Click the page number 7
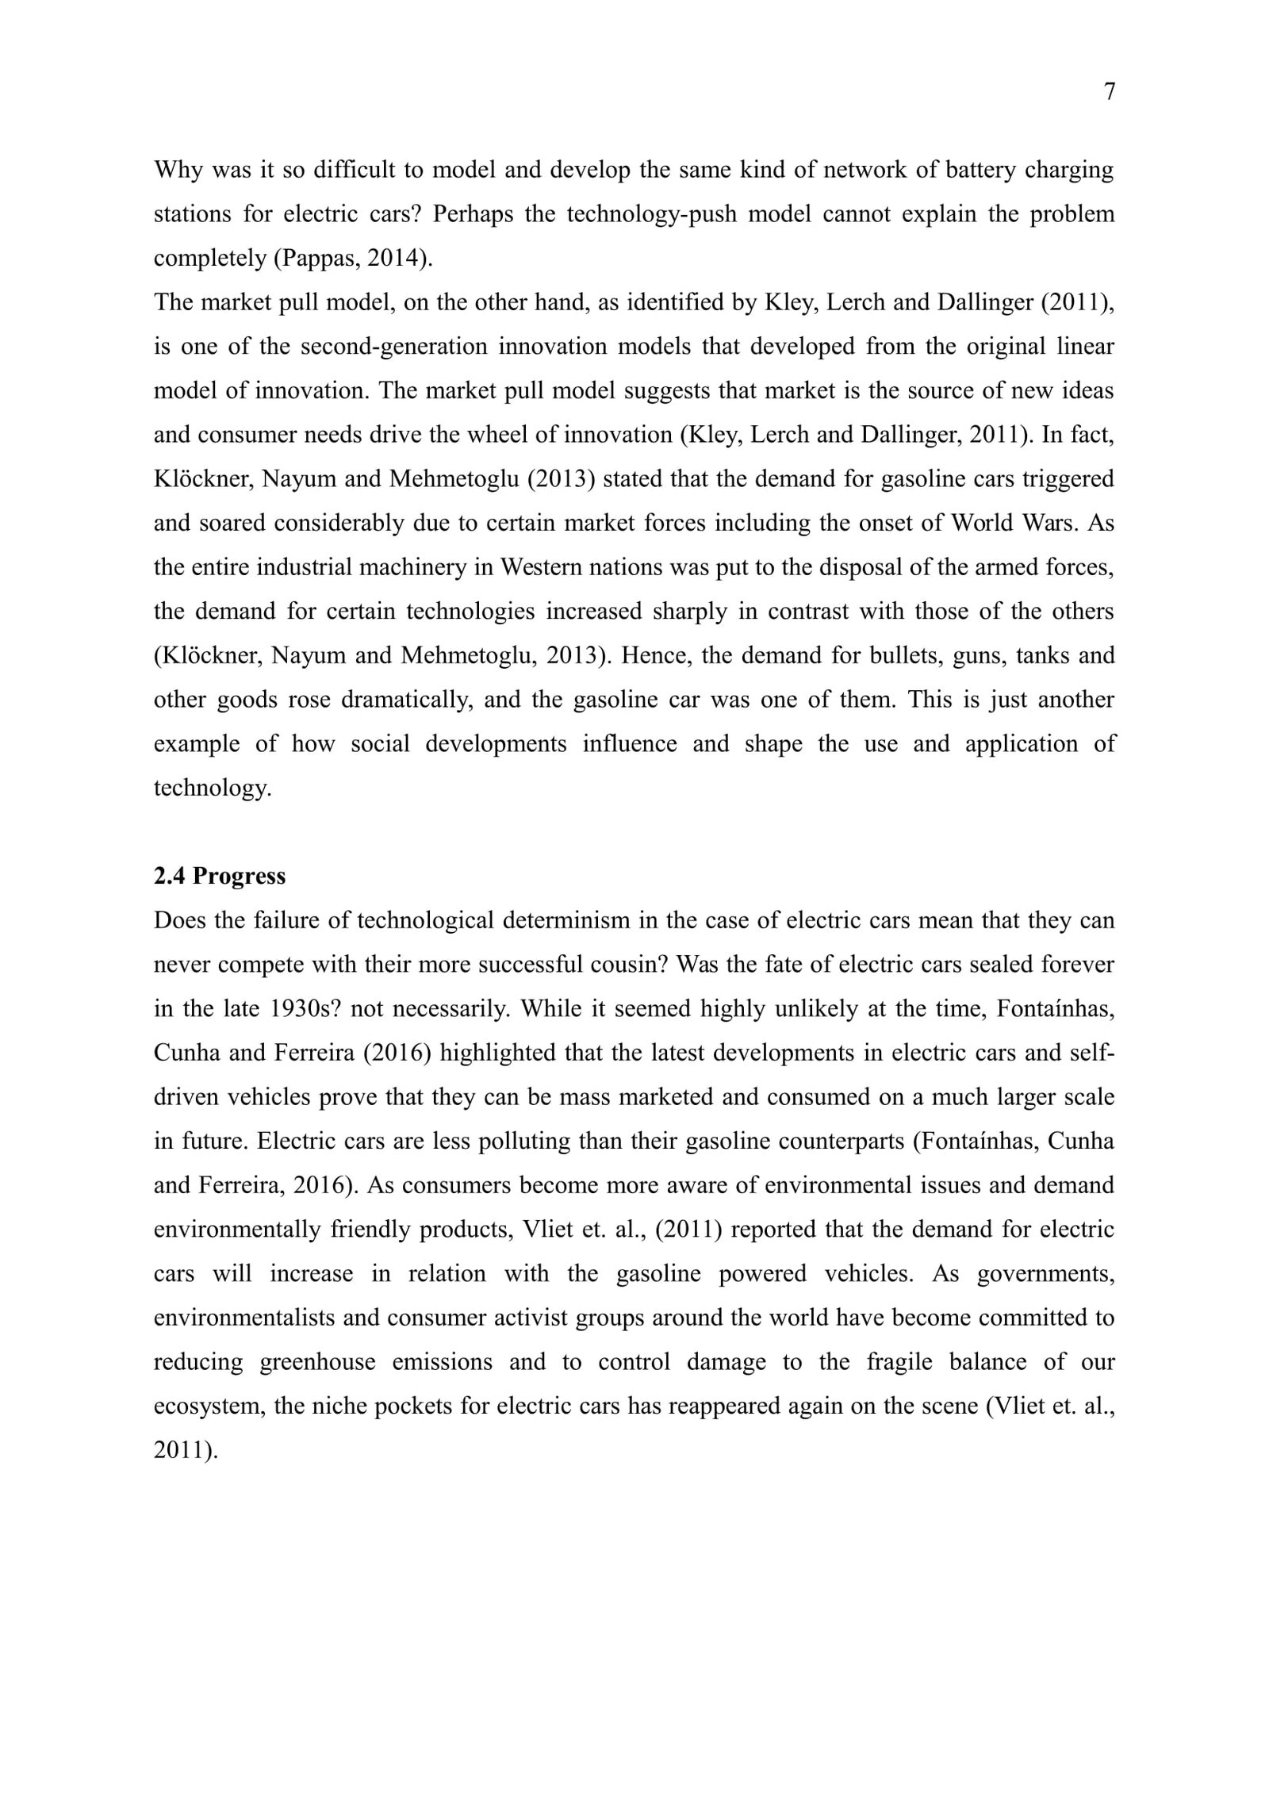(x=1109, y=92)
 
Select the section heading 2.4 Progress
(x=220, y=876)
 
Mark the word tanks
(x=1038, y=655)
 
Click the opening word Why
(x=178, y=171)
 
